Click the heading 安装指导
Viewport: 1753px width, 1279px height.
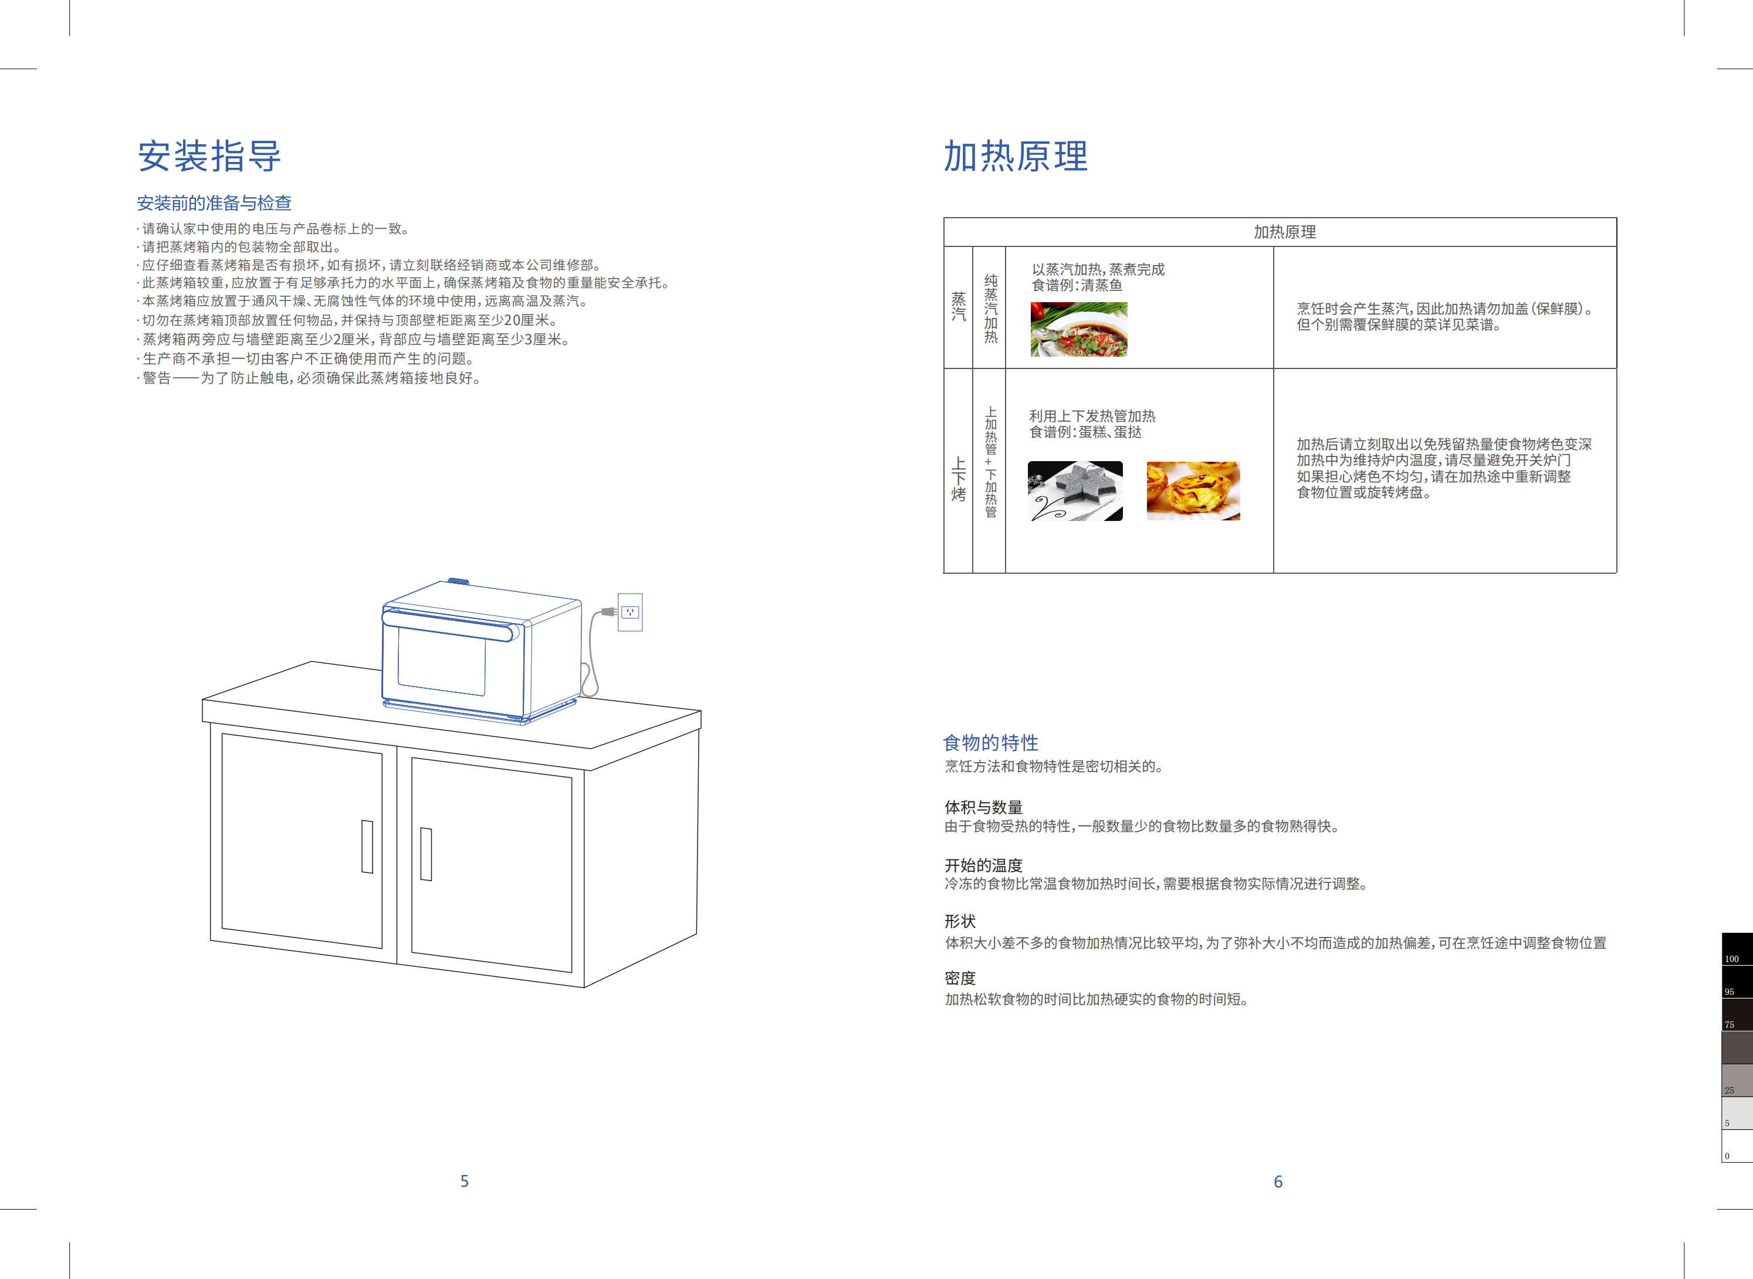(x=209, y=157)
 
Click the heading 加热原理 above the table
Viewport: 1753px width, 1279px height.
(x=1015, y=157)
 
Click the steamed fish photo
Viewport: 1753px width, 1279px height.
(x=1078, y=329)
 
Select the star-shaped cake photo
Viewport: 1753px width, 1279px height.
(x=1075, y=491)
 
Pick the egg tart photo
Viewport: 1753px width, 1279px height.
(x=1192, y=491)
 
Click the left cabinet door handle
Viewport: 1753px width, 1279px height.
(x=367, y=846)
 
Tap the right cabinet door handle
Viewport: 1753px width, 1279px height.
(x=426, y=854)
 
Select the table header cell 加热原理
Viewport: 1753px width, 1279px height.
(x=1285, y=232)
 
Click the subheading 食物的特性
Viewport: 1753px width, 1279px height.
(x=990, y=743)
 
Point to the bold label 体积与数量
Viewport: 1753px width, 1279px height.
(x=983, y=807)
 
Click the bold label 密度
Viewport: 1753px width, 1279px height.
(x=960, y=978)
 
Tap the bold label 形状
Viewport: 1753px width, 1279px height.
(x=960, y=921)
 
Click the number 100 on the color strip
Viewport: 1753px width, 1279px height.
(x=1732, y=959)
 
